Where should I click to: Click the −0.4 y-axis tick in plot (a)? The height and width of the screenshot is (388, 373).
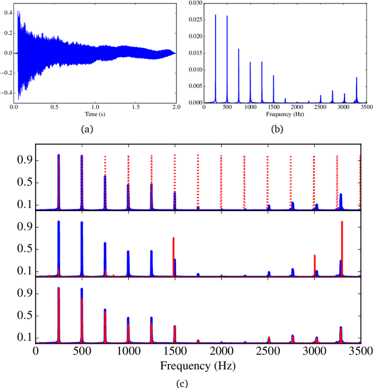(8, 92)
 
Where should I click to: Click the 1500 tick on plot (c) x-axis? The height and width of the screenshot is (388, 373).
(175, 351)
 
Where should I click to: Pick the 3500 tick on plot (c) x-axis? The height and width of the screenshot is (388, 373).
(360, 351)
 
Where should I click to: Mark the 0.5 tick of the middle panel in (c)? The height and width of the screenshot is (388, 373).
(27, 249)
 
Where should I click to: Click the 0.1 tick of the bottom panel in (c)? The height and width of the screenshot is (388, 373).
(27, 337)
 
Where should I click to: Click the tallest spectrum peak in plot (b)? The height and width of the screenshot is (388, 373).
(215, 16)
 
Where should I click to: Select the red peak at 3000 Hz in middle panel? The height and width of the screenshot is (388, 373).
(314, 256)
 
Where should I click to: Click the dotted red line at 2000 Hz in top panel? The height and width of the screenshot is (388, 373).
(221, 180)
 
